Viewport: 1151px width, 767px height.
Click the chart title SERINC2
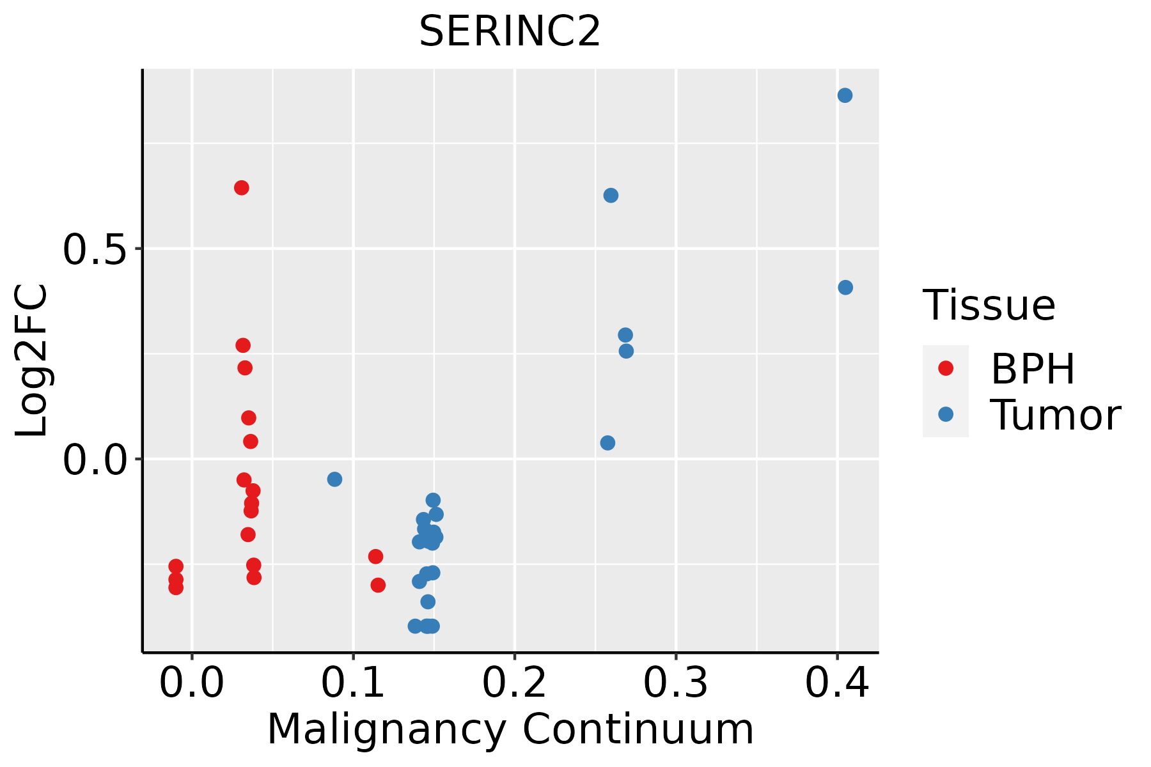tap(510, 31)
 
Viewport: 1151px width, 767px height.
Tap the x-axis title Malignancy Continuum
tap(510, 729)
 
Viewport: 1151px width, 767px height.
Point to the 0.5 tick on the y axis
tap(94, 248)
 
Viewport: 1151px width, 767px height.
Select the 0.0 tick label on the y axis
tap(94, 459)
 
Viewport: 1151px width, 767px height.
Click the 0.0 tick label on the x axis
tap(192, 683)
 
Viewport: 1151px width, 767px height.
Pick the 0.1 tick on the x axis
tap(353, 683)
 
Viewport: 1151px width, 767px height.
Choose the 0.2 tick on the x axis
tap(514, 683)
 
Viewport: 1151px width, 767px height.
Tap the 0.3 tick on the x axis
tap(675, 683)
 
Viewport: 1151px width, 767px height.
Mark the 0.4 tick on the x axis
tap(836, 683)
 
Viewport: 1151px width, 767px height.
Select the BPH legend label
tap(1033, 369)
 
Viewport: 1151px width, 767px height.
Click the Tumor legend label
tap(1055, 415)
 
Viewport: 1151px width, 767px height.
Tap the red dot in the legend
tap(945, 368)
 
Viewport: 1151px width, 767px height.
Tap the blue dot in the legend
tap(945, 414)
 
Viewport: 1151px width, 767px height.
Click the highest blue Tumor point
tap(845, 95)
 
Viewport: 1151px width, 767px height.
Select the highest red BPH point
tap(241, 188)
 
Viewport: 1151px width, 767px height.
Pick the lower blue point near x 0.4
tap(845, 288)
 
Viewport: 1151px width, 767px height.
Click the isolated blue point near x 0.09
tap(334, 479)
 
